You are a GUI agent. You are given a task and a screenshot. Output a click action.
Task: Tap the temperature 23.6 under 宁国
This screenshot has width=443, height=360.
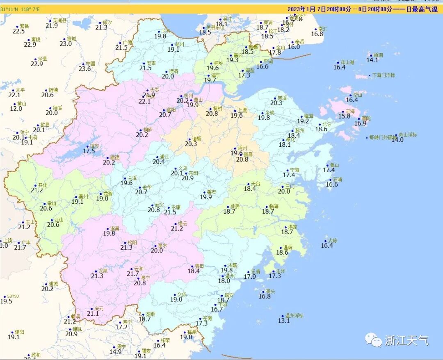tap(84, 69)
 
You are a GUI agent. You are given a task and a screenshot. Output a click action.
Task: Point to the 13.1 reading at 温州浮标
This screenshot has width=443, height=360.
tap(284, 321)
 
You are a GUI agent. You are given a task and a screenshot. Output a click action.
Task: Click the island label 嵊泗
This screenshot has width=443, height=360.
tap(377, 55)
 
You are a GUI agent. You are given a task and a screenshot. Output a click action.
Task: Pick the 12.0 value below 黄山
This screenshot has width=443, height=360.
tap(16, 109)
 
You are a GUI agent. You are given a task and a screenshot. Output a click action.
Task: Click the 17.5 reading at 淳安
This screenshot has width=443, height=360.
tap(89, 151)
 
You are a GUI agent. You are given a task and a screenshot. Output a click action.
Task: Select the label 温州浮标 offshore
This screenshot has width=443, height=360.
tap(295, 315)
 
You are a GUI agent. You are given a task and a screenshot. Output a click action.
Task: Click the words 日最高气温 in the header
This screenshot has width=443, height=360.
tap(423, 9)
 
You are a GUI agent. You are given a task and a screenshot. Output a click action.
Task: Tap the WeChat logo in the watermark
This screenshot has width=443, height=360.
tap(374, 340)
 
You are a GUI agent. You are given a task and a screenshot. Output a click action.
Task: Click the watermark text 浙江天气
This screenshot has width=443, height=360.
tap(406, 340)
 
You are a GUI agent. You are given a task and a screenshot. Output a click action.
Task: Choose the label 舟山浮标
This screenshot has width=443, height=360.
tap(408, 135)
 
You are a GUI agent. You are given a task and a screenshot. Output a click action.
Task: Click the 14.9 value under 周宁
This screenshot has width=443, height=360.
tap(116, 352)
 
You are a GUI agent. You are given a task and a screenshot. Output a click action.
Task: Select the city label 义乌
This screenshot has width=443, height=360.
tap(183, 168)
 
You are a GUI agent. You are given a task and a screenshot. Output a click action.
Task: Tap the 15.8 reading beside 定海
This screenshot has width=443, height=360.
tap(344, 116)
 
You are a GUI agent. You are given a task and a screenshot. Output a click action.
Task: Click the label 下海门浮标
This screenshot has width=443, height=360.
tap(384, 75)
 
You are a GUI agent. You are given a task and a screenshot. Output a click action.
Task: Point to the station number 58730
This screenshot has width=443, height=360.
tap(13, 296)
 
